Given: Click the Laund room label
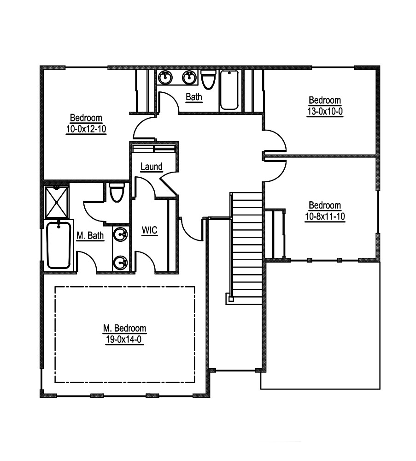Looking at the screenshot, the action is (x=151, y=167).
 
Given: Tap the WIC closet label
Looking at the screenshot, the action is (x=149, y=230).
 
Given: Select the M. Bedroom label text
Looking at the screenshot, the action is (x=124, y=328).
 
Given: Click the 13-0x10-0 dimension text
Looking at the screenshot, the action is (x=325, y=111).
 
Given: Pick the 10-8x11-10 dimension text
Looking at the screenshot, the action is (x=325, y=216).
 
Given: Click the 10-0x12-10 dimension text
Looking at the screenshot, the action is (x=86, y=129).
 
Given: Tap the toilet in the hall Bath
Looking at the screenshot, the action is (x=208, y=79).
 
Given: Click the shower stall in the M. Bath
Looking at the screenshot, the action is (x=56, y=202).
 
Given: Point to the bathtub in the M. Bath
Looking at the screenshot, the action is (x=59, y=245).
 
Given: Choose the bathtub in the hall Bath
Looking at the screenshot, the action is (x=229, y=90).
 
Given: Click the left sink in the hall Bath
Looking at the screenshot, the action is (x=165, y=78).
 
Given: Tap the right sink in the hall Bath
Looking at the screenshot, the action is (x=189, y=78).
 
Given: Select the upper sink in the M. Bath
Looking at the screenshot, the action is (x=121, y=234).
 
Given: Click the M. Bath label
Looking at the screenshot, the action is (x=90, y=235).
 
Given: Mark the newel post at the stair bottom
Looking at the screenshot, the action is (x=231, y=299).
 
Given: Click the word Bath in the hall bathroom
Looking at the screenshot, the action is (x=194, y=97).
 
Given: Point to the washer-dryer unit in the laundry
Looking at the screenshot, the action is (x=154, y=149).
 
